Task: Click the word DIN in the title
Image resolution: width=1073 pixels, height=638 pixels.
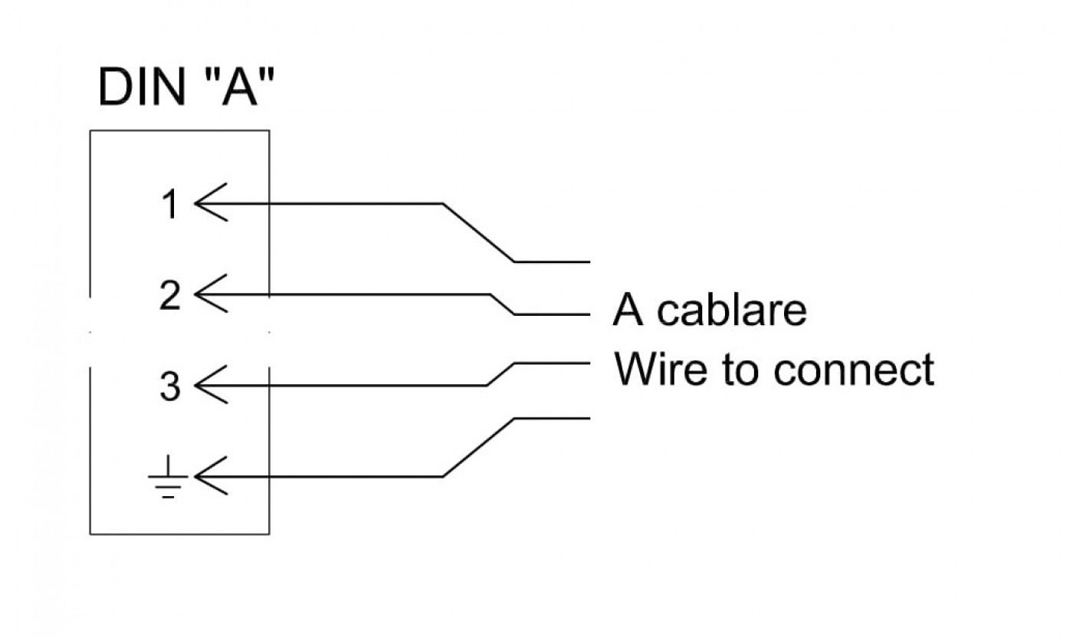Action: [x=141, y=87]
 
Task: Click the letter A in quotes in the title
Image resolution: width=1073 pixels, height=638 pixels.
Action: [x=239, y=86]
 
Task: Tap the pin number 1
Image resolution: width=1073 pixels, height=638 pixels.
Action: [x=170, y=204]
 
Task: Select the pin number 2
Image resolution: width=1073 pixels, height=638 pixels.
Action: [x=170, y=295]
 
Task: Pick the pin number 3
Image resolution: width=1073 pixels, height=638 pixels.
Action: [x=170, y=386]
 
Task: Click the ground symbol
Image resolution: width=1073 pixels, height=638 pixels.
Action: [x=168, y=477]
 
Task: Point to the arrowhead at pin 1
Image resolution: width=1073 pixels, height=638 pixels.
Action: [x=211, y=202]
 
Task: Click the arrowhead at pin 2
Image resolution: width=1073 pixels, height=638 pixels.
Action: [x=211, y=294]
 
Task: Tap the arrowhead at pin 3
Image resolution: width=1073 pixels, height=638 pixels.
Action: [x=211, y=385]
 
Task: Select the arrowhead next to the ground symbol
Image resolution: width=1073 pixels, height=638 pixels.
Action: [x=211, y=476]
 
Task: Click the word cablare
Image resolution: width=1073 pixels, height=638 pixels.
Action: [x=731, y=310]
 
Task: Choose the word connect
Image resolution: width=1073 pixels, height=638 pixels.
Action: [x=854, y=370]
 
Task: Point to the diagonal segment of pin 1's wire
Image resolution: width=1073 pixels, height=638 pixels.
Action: [x=478, y=233]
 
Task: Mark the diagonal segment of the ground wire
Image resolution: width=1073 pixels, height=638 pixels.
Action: [x=478, y=448]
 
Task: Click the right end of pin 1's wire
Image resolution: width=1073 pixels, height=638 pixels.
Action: [x=589, y=261]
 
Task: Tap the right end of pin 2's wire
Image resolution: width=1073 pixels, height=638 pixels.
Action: [x=589, y=314]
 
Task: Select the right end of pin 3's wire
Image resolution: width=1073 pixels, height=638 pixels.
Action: [x=589, y=363]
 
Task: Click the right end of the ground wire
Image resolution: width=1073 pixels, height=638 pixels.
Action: [x=589, y=419]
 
